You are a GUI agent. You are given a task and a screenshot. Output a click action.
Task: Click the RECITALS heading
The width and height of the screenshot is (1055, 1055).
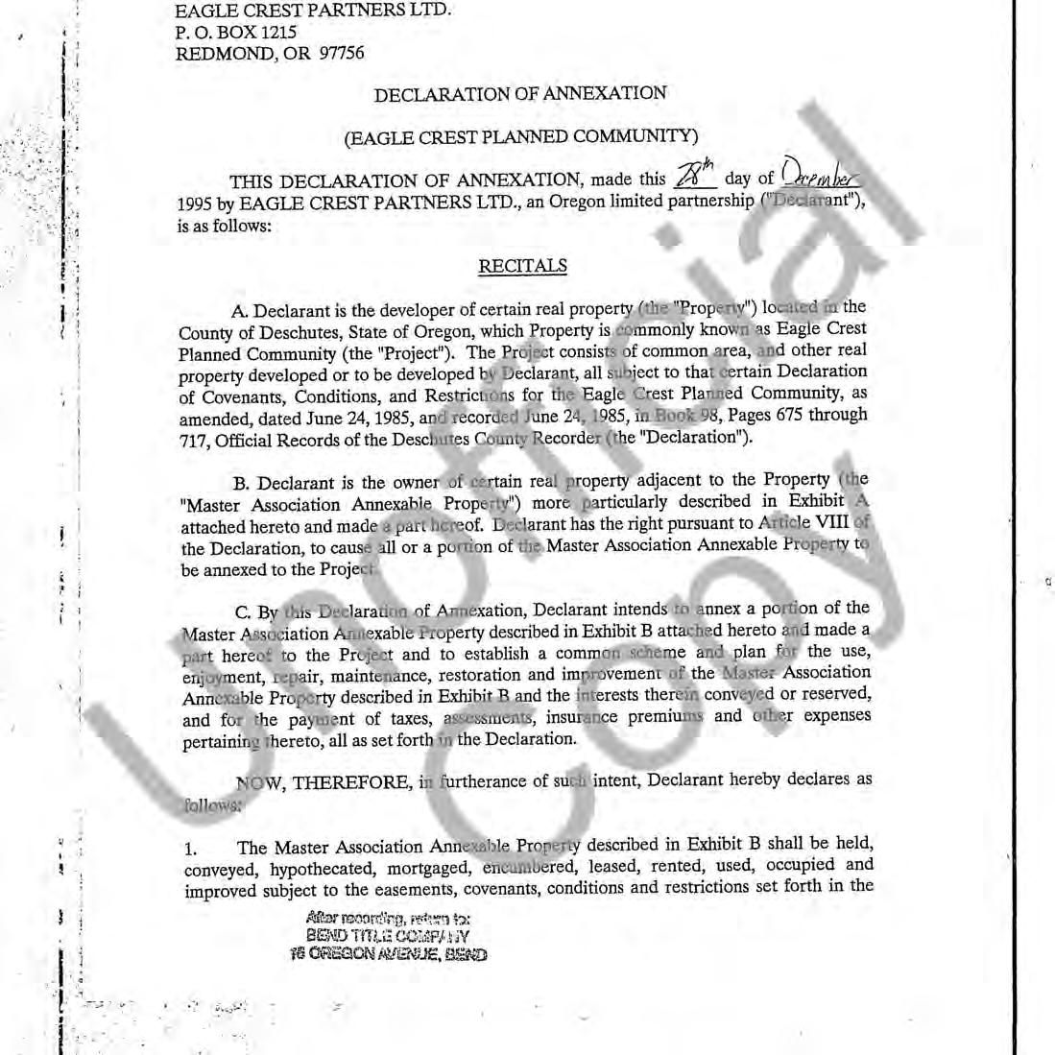click(x=522, y=266)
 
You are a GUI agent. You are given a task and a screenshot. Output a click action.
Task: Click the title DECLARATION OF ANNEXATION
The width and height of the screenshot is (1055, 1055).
click(x=520, y=94)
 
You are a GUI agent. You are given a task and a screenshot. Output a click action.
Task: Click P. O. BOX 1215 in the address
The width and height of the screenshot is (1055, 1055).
click(x=236, y=33)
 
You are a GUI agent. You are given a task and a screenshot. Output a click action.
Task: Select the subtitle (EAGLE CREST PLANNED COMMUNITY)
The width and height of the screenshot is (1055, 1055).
click(x=520, y=136)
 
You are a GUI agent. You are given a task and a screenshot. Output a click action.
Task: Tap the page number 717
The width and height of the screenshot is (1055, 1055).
click(x=195, y=438)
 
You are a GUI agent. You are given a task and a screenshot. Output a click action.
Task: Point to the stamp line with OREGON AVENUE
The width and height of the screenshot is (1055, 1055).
click(x=388, y=954)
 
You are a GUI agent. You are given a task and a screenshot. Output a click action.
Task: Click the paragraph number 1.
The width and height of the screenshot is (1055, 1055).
click(x=190, y=849)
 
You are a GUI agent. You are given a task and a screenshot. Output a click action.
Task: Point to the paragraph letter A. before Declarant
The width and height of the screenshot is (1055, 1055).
click(x=240, y=311)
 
